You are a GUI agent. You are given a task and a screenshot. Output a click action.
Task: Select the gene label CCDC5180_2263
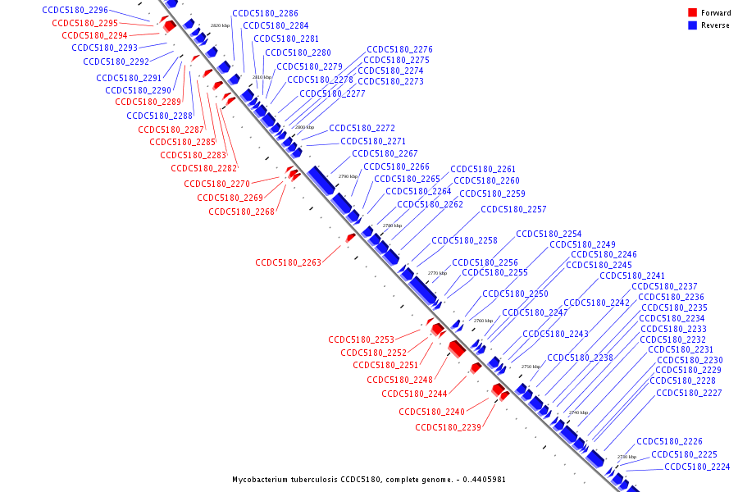tap(288, 263)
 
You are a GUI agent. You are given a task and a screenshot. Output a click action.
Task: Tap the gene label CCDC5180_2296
tap(75, 10)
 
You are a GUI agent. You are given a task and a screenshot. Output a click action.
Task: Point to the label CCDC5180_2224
tap(697, 467)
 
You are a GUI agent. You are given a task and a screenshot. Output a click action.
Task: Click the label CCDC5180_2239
tap(448, 427)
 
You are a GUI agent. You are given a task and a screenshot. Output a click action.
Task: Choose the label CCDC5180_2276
tap(399, 50)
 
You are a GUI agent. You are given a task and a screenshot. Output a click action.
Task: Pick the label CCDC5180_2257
tap(513, 210)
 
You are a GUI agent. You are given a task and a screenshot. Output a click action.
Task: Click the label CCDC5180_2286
tap(265, 14)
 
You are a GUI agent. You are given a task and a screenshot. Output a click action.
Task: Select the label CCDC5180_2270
tap(216, 184)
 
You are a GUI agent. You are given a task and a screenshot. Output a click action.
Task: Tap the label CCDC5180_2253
tap(361, 339)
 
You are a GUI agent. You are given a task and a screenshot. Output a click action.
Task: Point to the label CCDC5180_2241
tap(632, 276)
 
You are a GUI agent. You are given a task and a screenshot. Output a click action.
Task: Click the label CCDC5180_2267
tap(385, 154)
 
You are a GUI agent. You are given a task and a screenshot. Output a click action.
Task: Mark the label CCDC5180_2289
tap(148, 102)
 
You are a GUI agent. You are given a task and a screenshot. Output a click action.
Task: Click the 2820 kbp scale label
tap(220, 26)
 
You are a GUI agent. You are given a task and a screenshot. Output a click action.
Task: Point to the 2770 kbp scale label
tap(437, 273)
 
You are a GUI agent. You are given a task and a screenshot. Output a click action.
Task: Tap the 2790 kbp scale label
tap(348, 176)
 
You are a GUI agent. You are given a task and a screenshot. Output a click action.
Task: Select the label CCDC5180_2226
tap(669, 442)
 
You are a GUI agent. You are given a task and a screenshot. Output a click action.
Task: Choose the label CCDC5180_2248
tap(399, 380)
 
